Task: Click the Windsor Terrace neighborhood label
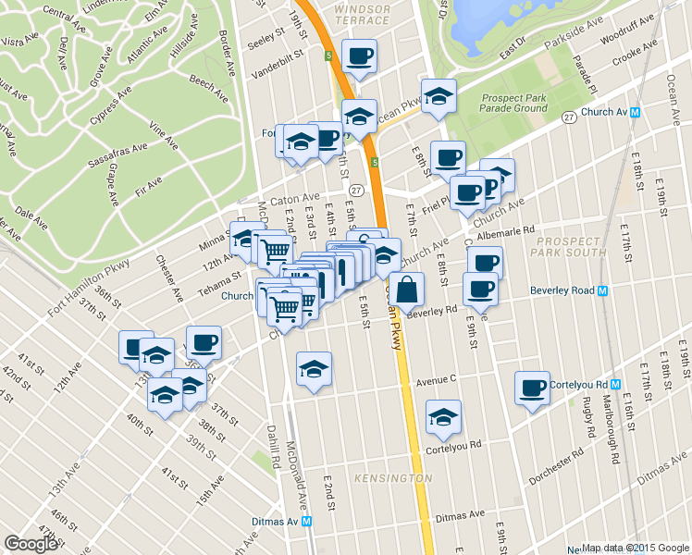pyautogui.click(x=362, y=14)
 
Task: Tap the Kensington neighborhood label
pyautogui.click(x=392, y=478)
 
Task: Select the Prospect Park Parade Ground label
pyautogui.click(x=513, y=103)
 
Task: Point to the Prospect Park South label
pyautogui.click(x=569, y=246)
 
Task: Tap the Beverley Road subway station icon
pyautogui.click(x=603, y=290)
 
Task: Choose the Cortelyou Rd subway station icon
pyautogui.click(x=613, y=384)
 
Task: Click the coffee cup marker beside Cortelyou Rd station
pyautogui.click(x=533, y=388)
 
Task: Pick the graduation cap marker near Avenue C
pyautogui.click(x=314, y=368)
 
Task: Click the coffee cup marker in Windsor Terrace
pyautogui.click(x=359, y=55)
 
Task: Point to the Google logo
pyautogui.click(x=31, y=544)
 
